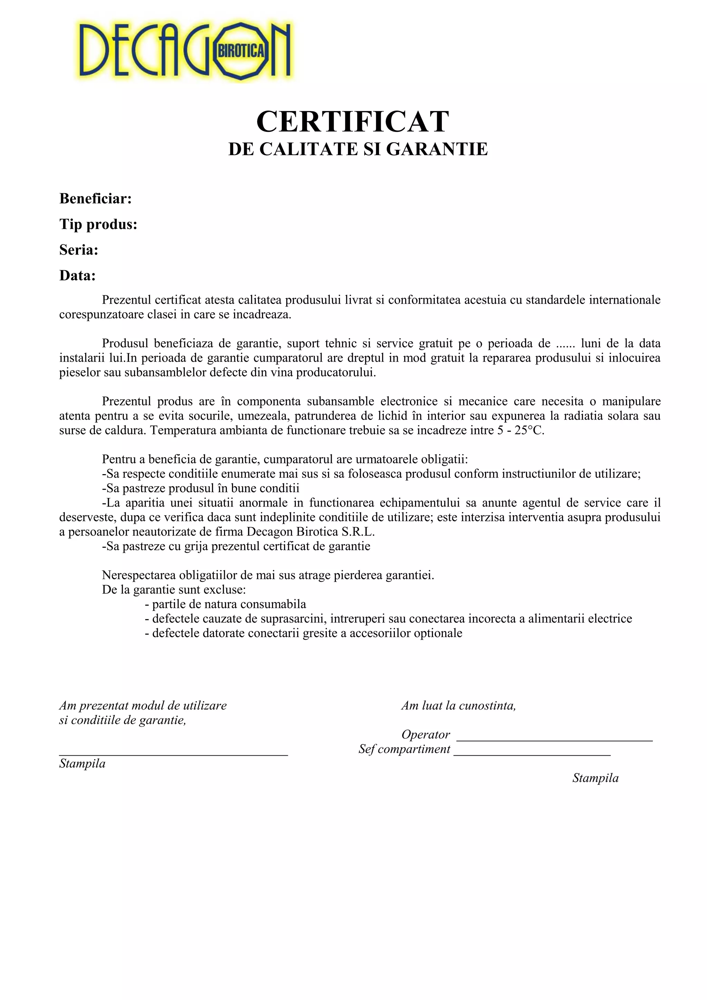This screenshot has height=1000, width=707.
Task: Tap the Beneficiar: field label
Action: tap(95, 199)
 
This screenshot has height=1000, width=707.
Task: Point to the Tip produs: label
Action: tap(98, 225)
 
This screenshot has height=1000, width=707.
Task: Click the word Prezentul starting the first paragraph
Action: tap(126, 300)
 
